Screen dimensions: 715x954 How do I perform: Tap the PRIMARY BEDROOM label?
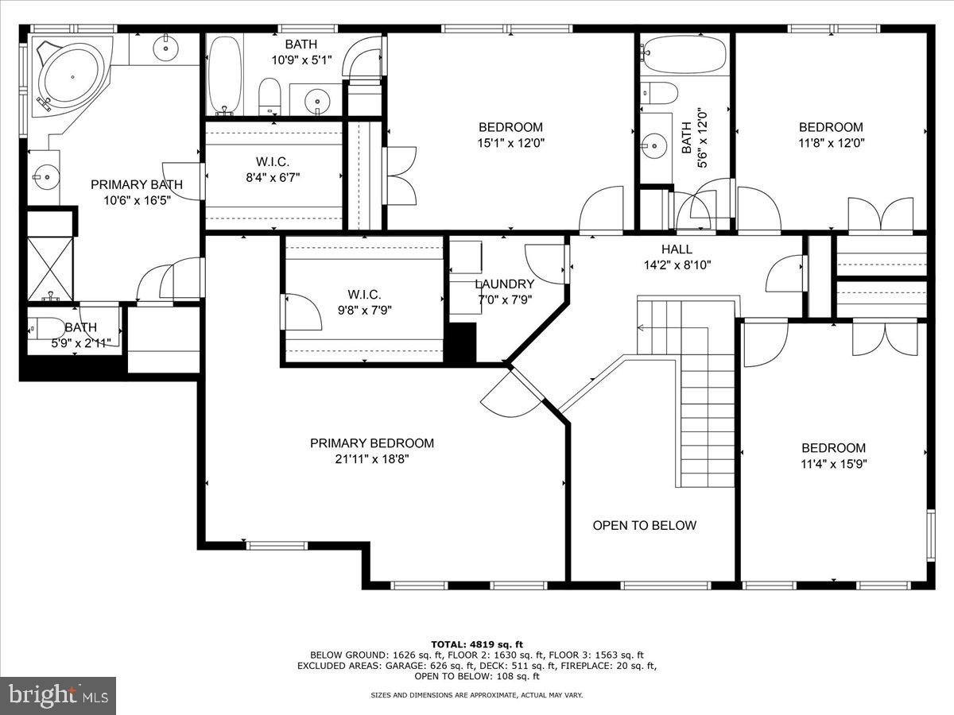[372, 443]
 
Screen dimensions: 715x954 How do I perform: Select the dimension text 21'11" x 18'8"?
[372, 459]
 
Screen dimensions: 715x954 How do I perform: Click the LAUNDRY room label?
[504, 284]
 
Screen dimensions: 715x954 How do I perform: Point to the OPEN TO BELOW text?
[644, 525]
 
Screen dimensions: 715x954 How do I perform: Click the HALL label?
[677, 249]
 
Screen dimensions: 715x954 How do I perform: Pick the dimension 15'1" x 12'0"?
[510, 143]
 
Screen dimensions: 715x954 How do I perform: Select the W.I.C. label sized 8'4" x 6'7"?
[272, 161]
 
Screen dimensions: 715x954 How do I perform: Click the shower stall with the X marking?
[50, 268]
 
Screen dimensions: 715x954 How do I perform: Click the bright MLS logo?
[58, 695]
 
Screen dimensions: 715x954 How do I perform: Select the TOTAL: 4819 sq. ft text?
[476, 644]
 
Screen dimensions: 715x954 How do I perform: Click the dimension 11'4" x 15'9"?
[833, 463]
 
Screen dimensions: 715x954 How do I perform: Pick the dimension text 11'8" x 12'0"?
[831, 143]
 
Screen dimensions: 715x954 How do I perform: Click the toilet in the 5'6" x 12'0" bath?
[659, 92]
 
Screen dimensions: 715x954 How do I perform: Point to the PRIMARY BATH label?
[136, 184]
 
